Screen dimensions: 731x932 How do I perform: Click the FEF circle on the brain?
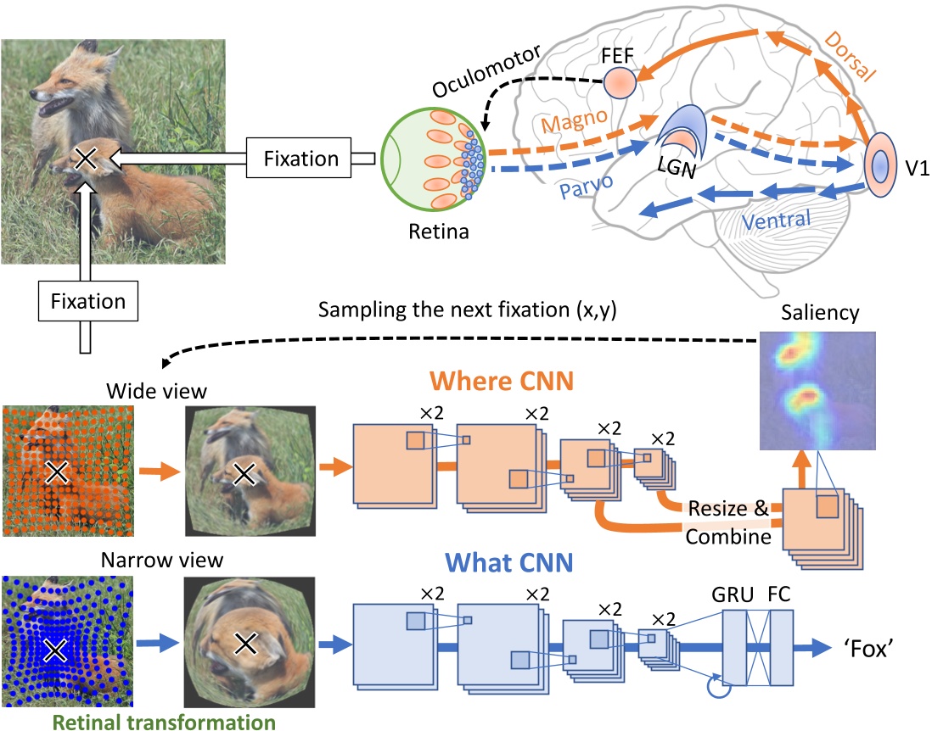[620, 82]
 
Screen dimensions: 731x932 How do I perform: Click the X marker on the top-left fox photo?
[84, 157]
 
